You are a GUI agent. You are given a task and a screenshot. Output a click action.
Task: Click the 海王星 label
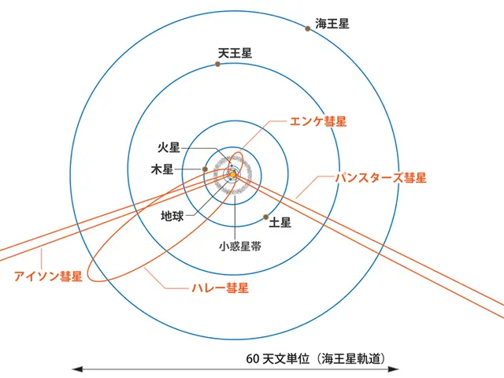[332, 24]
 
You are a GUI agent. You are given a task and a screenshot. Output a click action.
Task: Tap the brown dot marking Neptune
[308, 28]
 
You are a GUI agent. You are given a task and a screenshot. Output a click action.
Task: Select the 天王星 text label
[235, 53]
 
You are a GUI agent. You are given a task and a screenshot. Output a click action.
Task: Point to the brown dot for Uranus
[217, 64]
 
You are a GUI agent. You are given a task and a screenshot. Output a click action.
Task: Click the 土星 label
[280, 222]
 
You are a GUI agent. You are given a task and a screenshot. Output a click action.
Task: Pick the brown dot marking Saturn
[266, 217]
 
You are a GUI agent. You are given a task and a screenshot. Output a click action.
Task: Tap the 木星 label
[162, 169]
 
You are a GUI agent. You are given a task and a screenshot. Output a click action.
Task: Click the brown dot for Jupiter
[205, 169]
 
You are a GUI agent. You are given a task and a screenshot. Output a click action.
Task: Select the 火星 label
[169, 147]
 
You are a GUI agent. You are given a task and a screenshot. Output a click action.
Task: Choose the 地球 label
[172, 216]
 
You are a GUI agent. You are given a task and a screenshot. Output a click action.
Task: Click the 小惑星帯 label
[240, 246]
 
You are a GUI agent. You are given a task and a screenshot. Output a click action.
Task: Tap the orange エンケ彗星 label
[318, 121]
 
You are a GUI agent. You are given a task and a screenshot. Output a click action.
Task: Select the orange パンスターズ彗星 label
[381, 178]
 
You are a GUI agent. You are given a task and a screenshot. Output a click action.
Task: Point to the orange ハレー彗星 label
[220, 287]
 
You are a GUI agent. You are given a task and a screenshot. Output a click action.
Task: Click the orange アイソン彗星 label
[48, 276]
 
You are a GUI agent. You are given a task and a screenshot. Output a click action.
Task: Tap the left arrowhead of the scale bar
[77, 369]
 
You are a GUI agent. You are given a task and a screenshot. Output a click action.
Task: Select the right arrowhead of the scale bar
[393, 369]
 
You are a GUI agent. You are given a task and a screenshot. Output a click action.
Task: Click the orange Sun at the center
[233, 175]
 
